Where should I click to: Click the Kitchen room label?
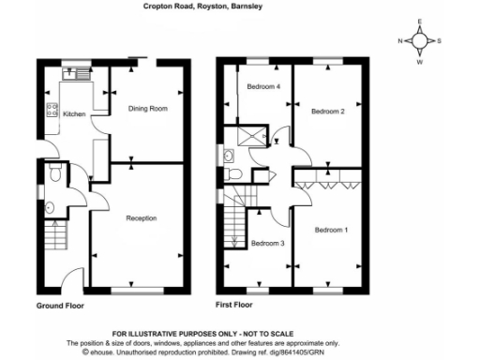click(74, 114)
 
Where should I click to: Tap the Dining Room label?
click(147, 109)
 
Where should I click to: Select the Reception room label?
click(142, 218)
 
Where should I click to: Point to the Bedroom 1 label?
click(330, 230)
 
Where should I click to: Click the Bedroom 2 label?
click(328, 112)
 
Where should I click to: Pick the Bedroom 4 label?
click(263, 87)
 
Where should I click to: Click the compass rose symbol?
click(420, 41)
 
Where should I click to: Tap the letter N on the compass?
click(400, 41)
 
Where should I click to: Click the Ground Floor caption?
click(62, 307)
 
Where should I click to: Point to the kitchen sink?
click(73, 75)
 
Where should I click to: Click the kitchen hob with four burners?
click(52, 112)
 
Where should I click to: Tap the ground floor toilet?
click(55, 172)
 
